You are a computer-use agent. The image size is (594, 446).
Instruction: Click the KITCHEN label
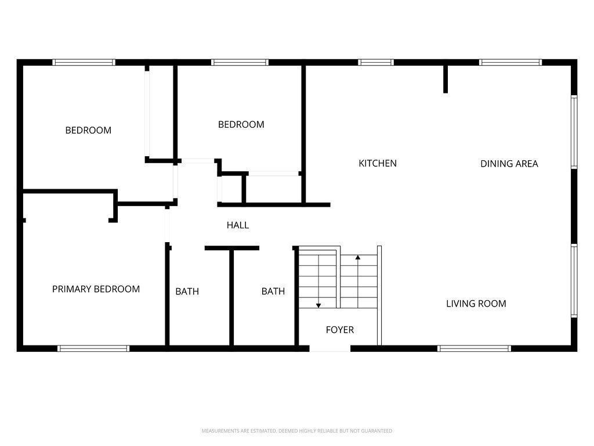378,163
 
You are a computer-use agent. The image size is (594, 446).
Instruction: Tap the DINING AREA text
509,164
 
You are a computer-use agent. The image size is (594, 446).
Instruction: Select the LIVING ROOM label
476,304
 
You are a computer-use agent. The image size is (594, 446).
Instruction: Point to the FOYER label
339,330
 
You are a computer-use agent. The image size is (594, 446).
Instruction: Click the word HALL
238,225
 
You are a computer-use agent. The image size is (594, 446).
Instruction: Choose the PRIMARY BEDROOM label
96,289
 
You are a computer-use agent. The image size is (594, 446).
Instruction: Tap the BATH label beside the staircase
273,291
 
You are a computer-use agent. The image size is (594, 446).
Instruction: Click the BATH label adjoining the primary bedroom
187,291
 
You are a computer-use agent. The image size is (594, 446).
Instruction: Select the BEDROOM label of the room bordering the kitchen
241,124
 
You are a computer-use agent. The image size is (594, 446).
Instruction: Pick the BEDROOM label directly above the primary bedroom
88,130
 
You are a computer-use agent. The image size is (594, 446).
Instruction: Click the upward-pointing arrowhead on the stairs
358,257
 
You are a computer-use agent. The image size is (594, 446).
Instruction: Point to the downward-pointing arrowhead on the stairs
318,305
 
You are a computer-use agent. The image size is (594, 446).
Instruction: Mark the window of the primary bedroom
93,348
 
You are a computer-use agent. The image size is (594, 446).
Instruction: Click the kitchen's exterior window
375,62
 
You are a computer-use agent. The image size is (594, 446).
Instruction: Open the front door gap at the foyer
329,349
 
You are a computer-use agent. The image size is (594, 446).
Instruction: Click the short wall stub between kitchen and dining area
445,79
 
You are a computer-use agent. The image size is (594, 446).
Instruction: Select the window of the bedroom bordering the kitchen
240,62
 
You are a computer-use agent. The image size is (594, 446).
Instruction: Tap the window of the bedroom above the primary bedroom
84,62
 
